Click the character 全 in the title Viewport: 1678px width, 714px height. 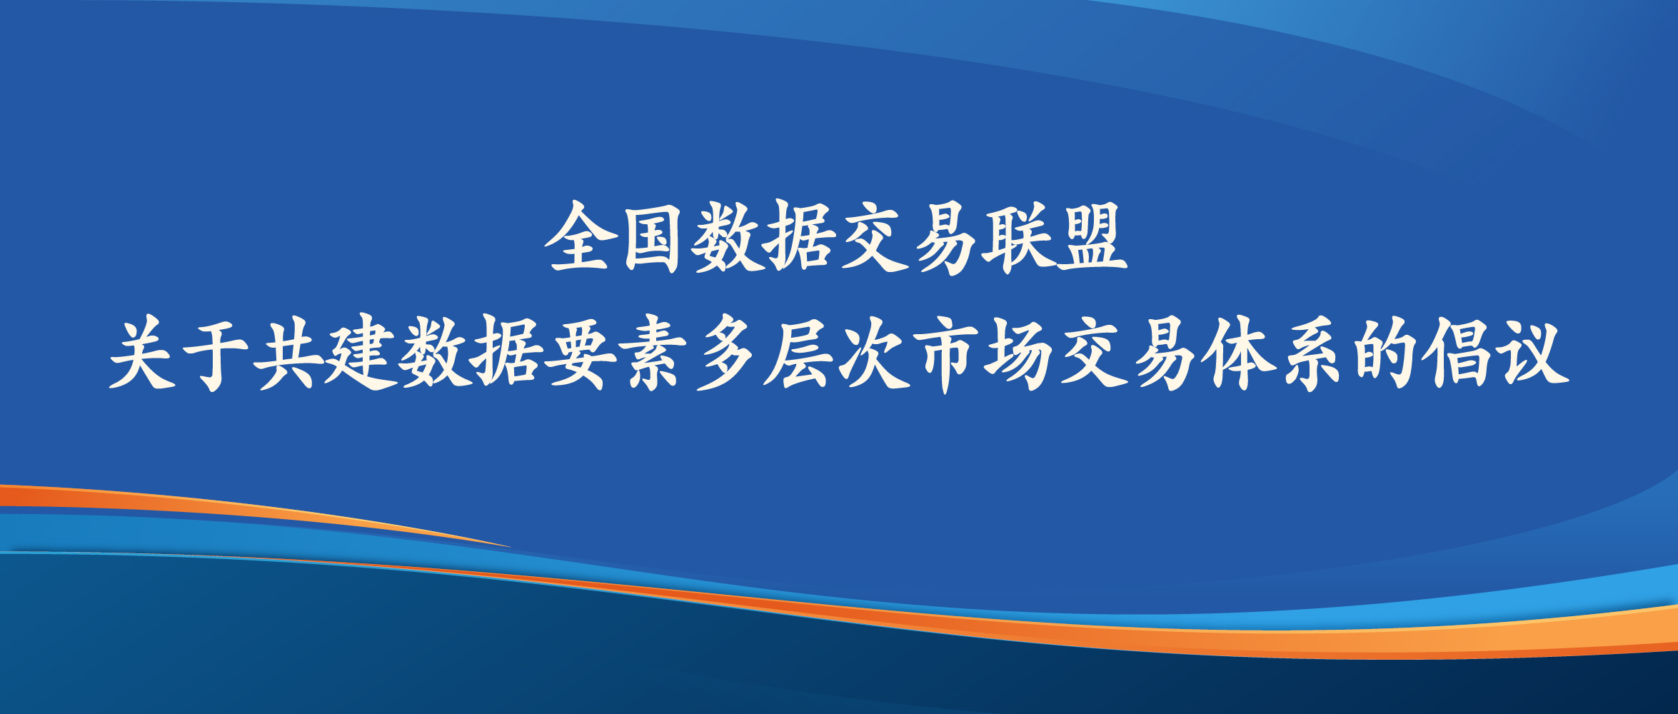579,237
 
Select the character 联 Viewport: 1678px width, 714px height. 1017,237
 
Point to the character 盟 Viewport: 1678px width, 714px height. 1091,237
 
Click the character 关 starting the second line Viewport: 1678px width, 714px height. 143,353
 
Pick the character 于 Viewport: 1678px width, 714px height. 215,353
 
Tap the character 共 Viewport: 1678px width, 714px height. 288,353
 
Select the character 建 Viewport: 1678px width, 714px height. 361,353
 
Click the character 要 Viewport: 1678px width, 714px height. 580,353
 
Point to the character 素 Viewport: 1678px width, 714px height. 653,353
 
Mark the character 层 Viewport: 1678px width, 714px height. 798,353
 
